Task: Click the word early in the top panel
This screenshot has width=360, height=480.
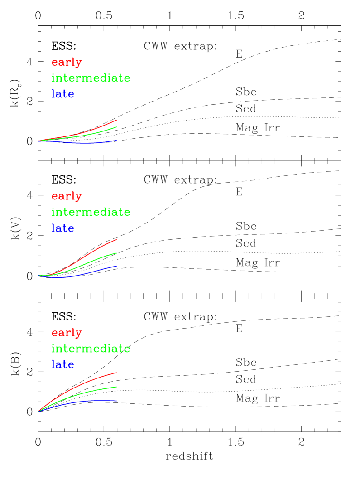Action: tap(67, 63)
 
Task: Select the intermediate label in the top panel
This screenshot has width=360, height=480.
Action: tap(91, 78)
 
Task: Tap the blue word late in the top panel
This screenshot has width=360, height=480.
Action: tap(62, 94)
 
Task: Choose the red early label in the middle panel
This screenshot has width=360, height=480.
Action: tap(67, 196)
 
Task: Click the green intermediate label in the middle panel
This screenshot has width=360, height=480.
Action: tap(91, 212)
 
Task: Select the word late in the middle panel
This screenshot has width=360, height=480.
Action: tap(62, 228)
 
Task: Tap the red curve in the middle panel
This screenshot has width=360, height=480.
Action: tap(91, 252)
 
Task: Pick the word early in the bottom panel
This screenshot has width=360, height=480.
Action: tap(67, 333)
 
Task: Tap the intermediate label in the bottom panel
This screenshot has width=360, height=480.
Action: tap(91, 349)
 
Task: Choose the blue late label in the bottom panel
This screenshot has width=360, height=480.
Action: tap(62, 364)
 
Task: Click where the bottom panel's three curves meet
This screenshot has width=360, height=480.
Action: tap(38, 412)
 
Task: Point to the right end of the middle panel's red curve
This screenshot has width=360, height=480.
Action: tap(117, 239)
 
